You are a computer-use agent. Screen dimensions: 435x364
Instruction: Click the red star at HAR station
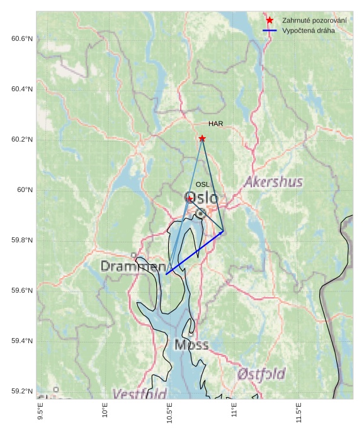pyautogui.click(x=202, y=138)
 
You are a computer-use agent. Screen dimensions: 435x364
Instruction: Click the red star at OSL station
pyautogui.click(x=190, y=198)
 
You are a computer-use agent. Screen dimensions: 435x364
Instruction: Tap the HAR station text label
pyautogui.click(x=216, y=124)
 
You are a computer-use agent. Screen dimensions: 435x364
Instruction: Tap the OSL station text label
pyautogui.click(x=202, y=184)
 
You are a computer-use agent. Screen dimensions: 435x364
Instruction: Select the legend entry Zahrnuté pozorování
pyautogui.click(x=314, y=21)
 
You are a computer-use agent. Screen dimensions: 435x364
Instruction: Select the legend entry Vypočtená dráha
pyautogui.click(x=309, y=30)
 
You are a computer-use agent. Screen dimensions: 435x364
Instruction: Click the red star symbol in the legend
pyautogui.click(x=270, y=21)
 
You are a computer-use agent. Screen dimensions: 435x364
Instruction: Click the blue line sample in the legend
pyautogui.click(x=270, y=30)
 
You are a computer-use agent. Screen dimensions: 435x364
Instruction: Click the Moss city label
pyautogui.click(x=191, y=345)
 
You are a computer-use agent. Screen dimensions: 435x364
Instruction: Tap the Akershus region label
pyautogui.click(x=273, y=183)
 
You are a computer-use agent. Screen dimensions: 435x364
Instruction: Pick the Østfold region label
pyautogui.click(x=261, y=374)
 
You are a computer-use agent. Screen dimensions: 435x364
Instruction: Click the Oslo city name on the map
pyautogui.click(x=202, y=198)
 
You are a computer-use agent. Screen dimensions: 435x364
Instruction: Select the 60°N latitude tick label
pyautogui.click(x=25, y=190)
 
